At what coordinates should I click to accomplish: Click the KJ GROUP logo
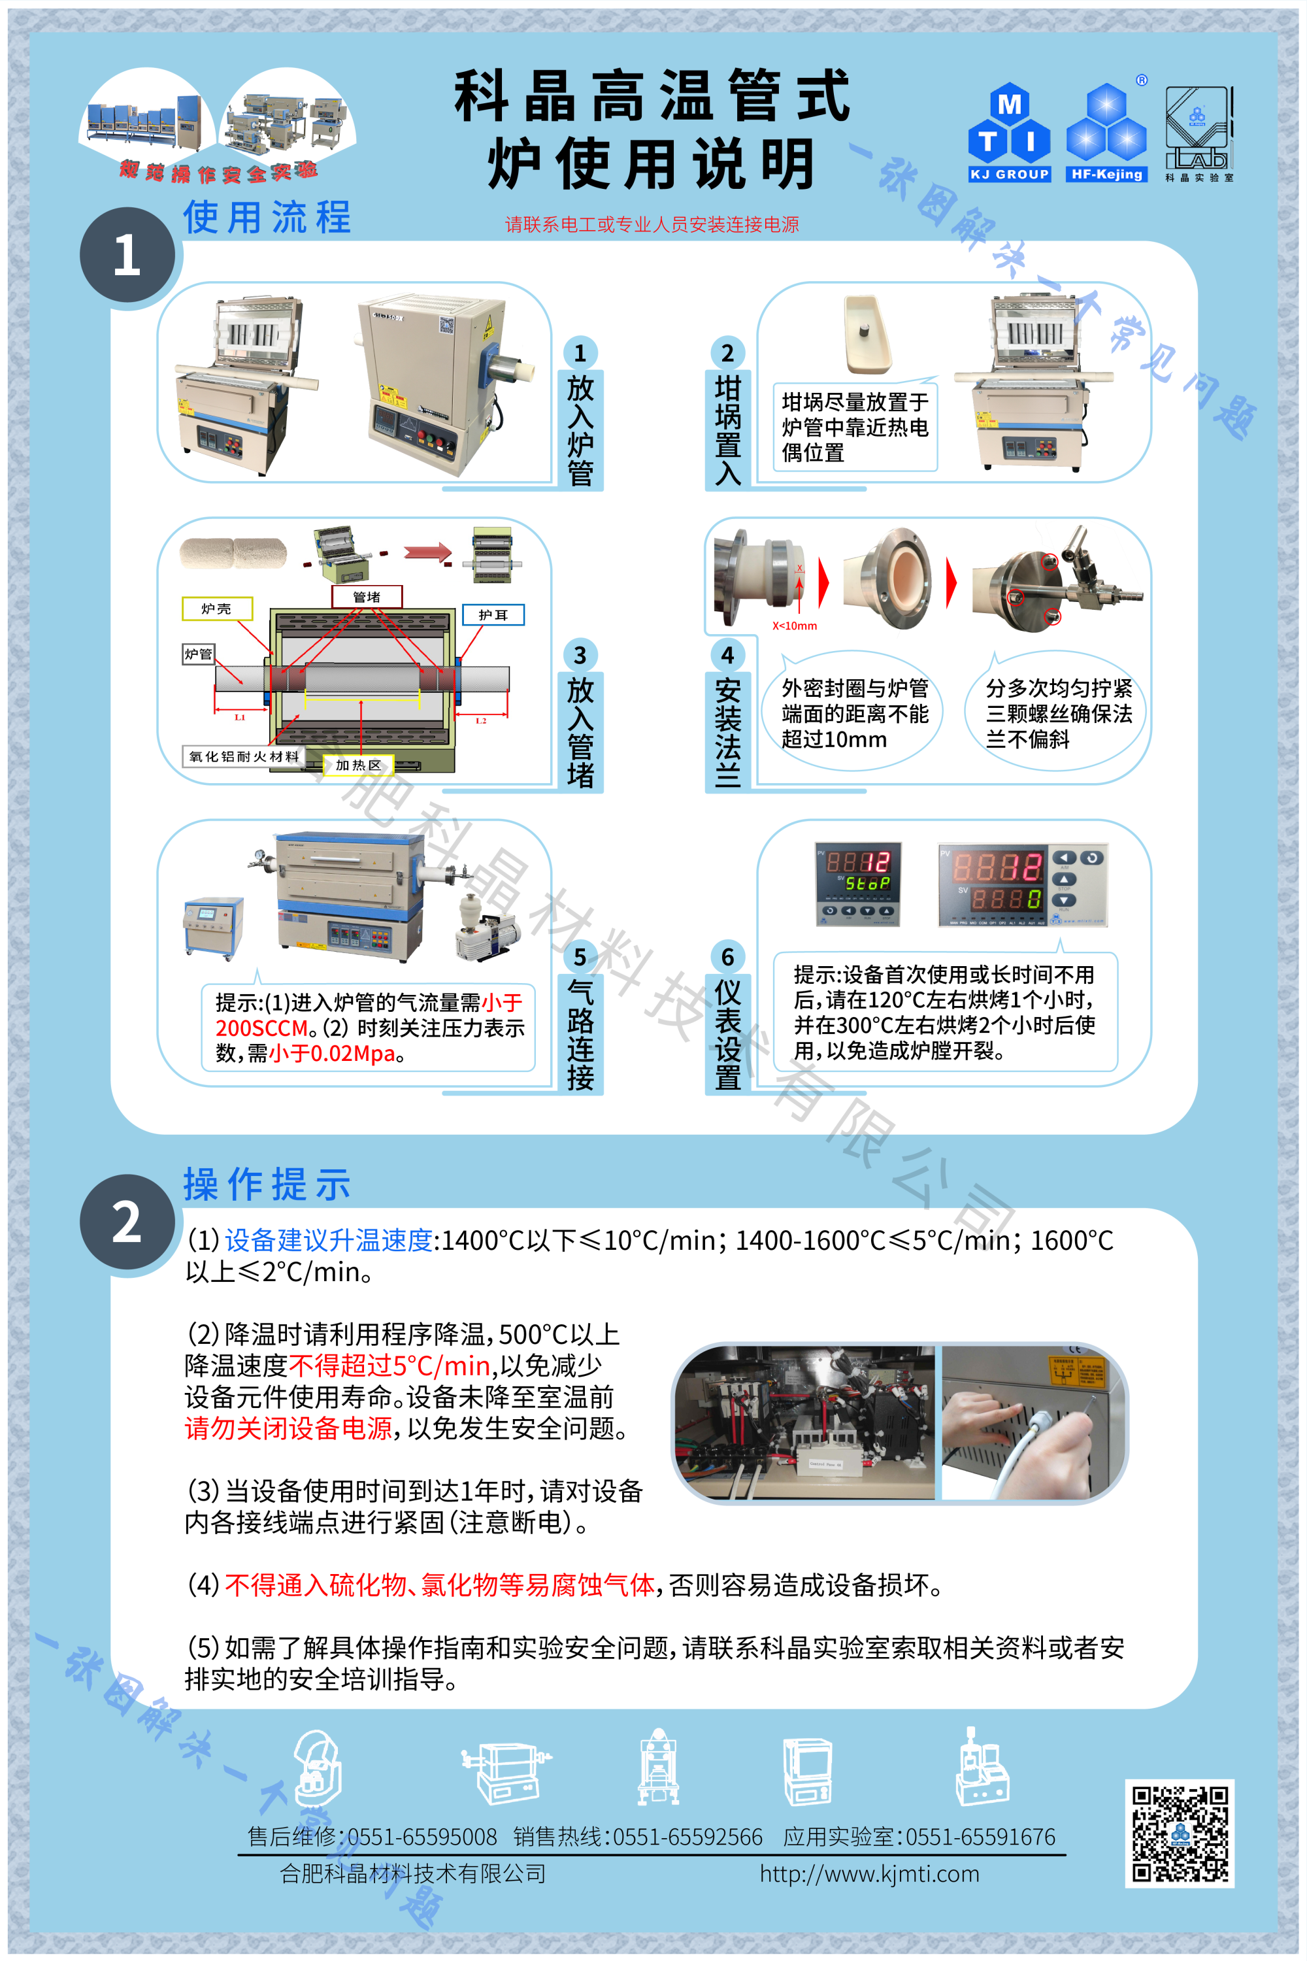tap(1008, 133)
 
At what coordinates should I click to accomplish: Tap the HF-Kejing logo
tap(1106, 133)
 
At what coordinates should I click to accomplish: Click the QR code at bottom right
tap(1180, 1834)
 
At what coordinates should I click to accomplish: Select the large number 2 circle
tap(127, 1222)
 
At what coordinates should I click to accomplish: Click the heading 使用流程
tap(267, 218)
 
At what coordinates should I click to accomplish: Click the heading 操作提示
tap(267, 1184)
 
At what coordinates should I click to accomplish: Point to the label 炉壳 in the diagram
tap(217, 609)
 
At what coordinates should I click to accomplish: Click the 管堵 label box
tap(367, 596)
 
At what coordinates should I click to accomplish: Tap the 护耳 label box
tap(493, 614)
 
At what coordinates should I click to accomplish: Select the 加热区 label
tap(357, 765)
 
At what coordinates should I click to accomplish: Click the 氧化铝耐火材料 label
tap(243, 756)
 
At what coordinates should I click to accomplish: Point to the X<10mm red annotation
tap(795, 626)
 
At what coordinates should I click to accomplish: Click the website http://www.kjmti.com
tap(869, 1873)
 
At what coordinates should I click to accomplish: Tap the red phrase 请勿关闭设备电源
tap(288, 1428)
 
